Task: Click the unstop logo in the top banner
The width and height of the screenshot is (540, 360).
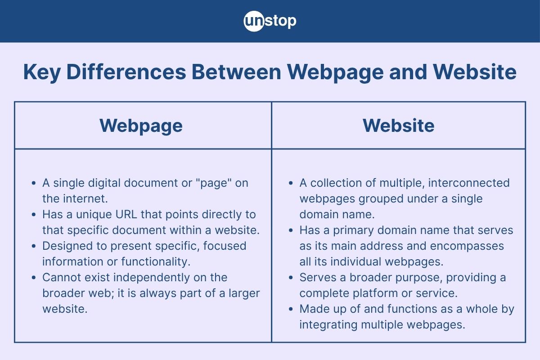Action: point(270,21)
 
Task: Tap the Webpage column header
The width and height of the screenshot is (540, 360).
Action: point(141,126)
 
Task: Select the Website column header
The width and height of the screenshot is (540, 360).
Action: point(398,126)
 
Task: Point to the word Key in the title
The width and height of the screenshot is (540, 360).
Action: point(42,72)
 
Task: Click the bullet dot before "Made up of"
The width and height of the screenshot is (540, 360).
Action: point(291,309)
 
